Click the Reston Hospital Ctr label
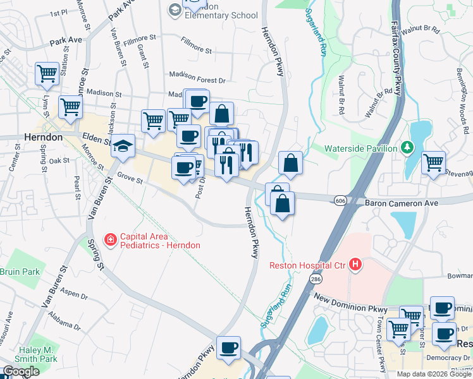coord(308,265)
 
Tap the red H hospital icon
coord(356,264)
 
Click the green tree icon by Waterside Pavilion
coord(408,148)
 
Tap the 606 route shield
coord(340,200)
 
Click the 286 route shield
coord(314,278)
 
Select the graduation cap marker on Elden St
coord(123,145)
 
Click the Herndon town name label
coord(43,137)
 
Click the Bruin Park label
coord(20,272)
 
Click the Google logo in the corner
coord(20,371)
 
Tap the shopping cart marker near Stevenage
coord(433,162)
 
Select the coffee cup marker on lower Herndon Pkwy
coord(228,347)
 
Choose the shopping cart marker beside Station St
coord(47,73)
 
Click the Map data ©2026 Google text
coord(433,374)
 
